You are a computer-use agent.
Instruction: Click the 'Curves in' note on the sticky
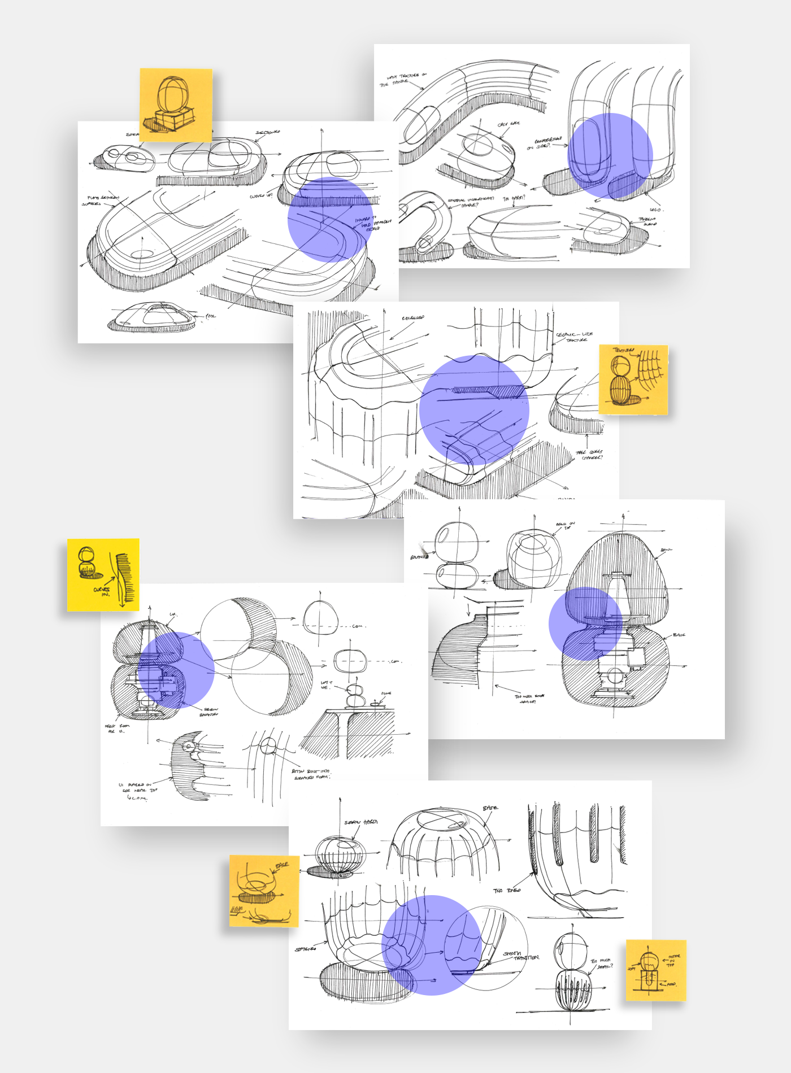[102, 591]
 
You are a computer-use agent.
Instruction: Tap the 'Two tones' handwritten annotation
[506, 891]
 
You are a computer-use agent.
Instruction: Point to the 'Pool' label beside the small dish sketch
[210, 316]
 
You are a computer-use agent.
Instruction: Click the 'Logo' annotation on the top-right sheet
[655, 210]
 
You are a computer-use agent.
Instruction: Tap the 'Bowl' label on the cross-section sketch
[666, 549]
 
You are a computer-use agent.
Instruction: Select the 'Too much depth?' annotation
[601, 963]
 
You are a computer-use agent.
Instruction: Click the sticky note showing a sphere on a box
[176, 105]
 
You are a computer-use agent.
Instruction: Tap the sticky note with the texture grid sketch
[633, 380]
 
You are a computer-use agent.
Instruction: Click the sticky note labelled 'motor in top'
[655, 970]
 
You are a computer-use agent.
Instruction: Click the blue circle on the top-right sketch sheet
[610, 155]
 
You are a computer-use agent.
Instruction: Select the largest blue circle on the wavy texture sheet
[474, 410]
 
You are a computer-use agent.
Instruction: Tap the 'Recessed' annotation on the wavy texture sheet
[413, 318]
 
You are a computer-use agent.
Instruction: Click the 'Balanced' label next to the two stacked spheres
[419, 557]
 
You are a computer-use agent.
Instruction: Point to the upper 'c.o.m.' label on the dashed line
[358, 626]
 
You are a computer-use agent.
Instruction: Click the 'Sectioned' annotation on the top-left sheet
[267, 133]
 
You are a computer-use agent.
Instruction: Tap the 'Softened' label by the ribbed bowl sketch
[305, 949]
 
